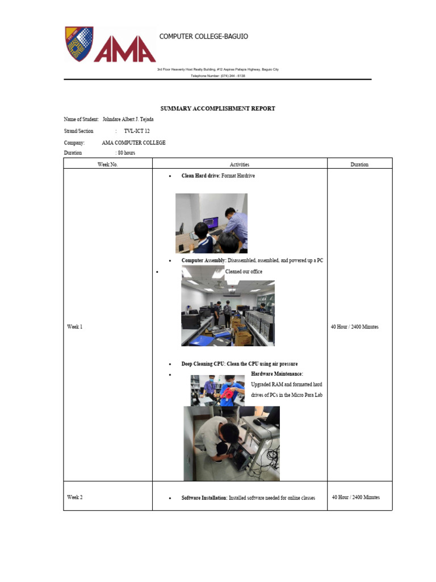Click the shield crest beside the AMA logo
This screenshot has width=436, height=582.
pos(79,44)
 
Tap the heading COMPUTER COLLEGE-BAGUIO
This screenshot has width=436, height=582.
pos(203,36)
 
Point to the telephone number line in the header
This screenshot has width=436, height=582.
pos(217,76)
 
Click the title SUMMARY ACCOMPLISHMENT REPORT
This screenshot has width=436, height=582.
pos(218,108)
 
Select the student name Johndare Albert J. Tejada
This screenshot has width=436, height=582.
pos(128,119)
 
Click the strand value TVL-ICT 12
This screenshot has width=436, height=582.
pos(137,131)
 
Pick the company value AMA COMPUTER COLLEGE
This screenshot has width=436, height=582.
pos(133,143)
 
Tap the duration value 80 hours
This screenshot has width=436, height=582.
pos(125,153)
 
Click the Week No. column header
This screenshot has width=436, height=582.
pos(107,164)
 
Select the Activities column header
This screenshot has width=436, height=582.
pos(239,164)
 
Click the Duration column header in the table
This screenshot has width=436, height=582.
pos(359,164)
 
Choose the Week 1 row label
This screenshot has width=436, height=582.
pos(75,327)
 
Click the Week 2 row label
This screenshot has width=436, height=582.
pos(75,497)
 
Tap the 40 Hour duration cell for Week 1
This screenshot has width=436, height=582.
pos(354,327)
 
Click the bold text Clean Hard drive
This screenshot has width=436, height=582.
pos(200,176)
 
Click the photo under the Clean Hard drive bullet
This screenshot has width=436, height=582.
pos(211,223)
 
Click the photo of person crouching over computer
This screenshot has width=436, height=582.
pos(231,443)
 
